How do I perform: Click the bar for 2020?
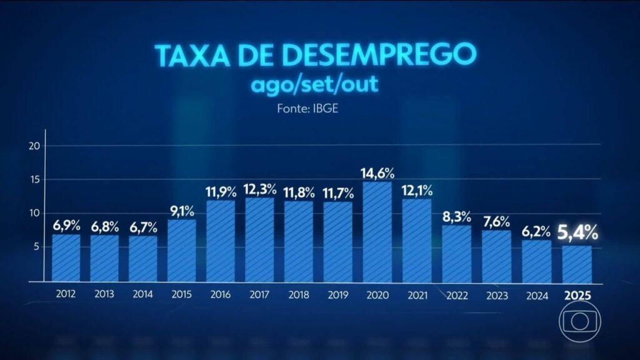tap(377, 232)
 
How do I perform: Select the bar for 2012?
tap(66, 257)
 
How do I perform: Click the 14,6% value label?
tap(377, 172)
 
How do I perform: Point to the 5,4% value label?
tap(578, 234)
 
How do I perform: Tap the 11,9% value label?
tap(221, 191)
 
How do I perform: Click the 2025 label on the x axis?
tap(578, 296)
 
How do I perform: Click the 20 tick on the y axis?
tap(35, 146)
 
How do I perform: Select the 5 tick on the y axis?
tap(37, 247)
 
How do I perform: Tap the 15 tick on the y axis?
tap(35, 180)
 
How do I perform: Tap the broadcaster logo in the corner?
tap(581, 322)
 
